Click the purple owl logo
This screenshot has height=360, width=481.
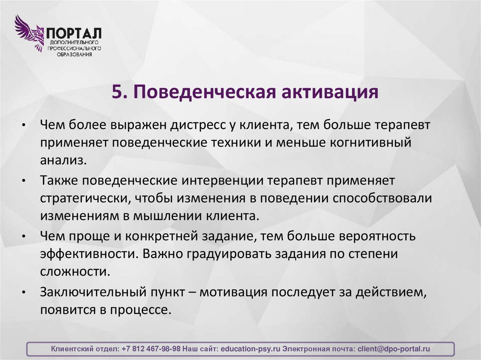coord(29,33)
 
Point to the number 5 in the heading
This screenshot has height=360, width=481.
coord(116,92)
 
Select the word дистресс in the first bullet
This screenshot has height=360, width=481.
coord(204,125)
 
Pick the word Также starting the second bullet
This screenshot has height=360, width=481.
coord(59,181)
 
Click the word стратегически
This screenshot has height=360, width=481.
coord(85,198)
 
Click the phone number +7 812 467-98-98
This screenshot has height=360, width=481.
coord(151,349)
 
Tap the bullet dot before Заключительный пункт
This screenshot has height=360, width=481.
coord(23,293)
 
